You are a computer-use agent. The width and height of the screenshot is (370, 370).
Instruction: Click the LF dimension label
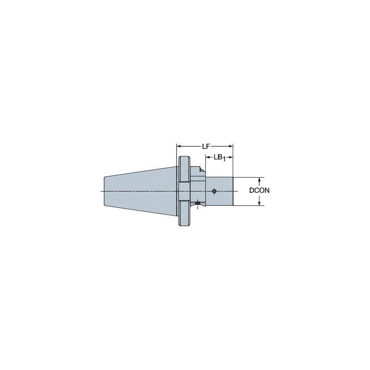205,146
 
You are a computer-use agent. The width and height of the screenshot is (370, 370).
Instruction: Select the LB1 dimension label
220,157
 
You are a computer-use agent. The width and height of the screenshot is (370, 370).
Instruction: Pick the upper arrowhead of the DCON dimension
259,179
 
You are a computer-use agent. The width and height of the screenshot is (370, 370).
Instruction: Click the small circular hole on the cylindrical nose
214,191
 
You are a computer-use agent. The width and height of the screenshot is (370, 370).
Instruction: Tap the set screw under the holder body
198,203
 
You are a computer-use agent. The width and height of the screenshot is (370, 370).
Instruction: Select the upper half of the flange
183,169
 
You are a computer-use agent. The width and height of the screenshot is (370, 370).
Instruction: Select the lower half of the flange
183,214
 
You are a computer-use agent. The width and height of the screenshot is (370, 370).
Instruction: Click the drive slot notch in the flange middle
183,191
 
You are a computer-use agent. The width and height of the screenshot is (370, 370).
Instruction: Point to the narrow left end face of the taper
104,191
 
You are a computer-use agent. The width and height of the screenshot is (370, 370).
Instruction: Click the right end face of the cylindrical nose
233,191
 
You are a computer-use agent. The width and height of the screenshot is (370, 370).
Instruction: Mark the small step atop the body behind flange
201,169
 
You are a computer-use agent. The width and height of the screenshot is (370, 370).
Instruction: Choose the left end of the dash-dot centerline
101,191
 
